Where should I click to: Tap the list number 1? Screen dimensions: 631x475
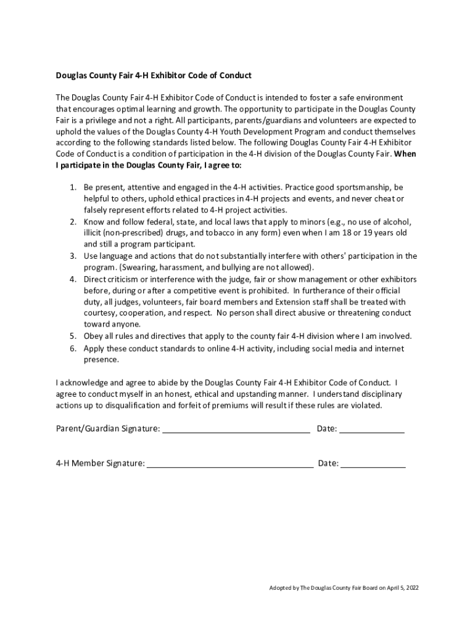coord(72,187)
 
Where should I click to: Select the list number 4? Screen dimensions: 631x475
coord(72,280)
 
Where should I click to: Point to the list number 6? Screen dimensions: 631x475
coord(72,349)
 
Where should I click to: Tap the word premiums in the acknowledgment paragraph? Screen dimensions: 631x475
coord(250,405)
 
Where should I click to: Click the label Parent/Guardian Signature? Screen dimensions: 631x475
coord(107,429)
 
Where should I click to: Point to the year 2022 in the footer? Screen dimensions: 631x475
coord(412,588)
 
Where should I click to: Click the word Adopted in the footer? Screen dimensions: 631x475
coord(279,588)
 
